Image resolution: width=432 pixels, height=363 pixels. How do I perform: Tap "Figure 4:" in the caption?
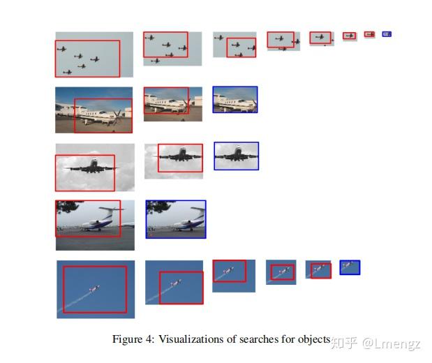(x=133, y=340)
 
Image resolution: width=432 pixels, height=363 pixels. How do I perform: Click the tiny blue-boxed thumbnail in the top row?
(x=387, y=34)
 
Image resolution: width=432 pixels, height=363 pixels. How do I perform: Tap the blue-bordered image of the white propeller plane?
(x=235, y=99)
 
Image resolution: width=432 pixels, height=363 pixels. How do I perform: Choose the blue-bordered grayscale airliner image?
(x=236, y=156)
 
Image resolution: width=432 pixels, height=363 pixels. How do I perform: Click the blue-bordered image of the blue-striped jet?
(x=176, y=219)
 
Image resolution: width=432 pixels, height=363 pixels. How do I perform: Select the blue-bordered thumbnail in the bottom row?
(x=350, y=267)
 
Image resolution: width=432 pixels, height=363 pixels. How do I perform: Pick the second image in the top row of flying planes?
(x=172, y=48)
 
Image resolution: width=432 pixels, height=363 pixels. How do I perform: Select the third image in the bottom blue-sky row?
(x=233, y=274)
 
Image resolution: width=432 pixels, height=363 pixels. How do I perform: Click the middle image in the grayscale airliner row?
(x=174, y=161)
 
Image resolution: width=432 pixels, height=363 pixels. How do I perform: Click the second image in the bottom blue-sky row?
(x=174, y=283)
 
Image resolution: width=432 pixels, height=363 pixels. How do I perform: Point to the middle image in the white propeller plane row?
(x=172, y=103)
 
